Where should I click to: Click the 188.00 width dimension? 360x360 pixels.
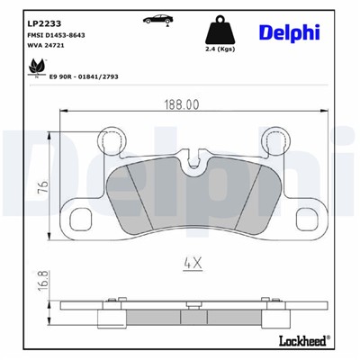pos(180,104)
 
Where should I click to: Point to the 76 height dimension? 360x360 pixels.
pos(41,187)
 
